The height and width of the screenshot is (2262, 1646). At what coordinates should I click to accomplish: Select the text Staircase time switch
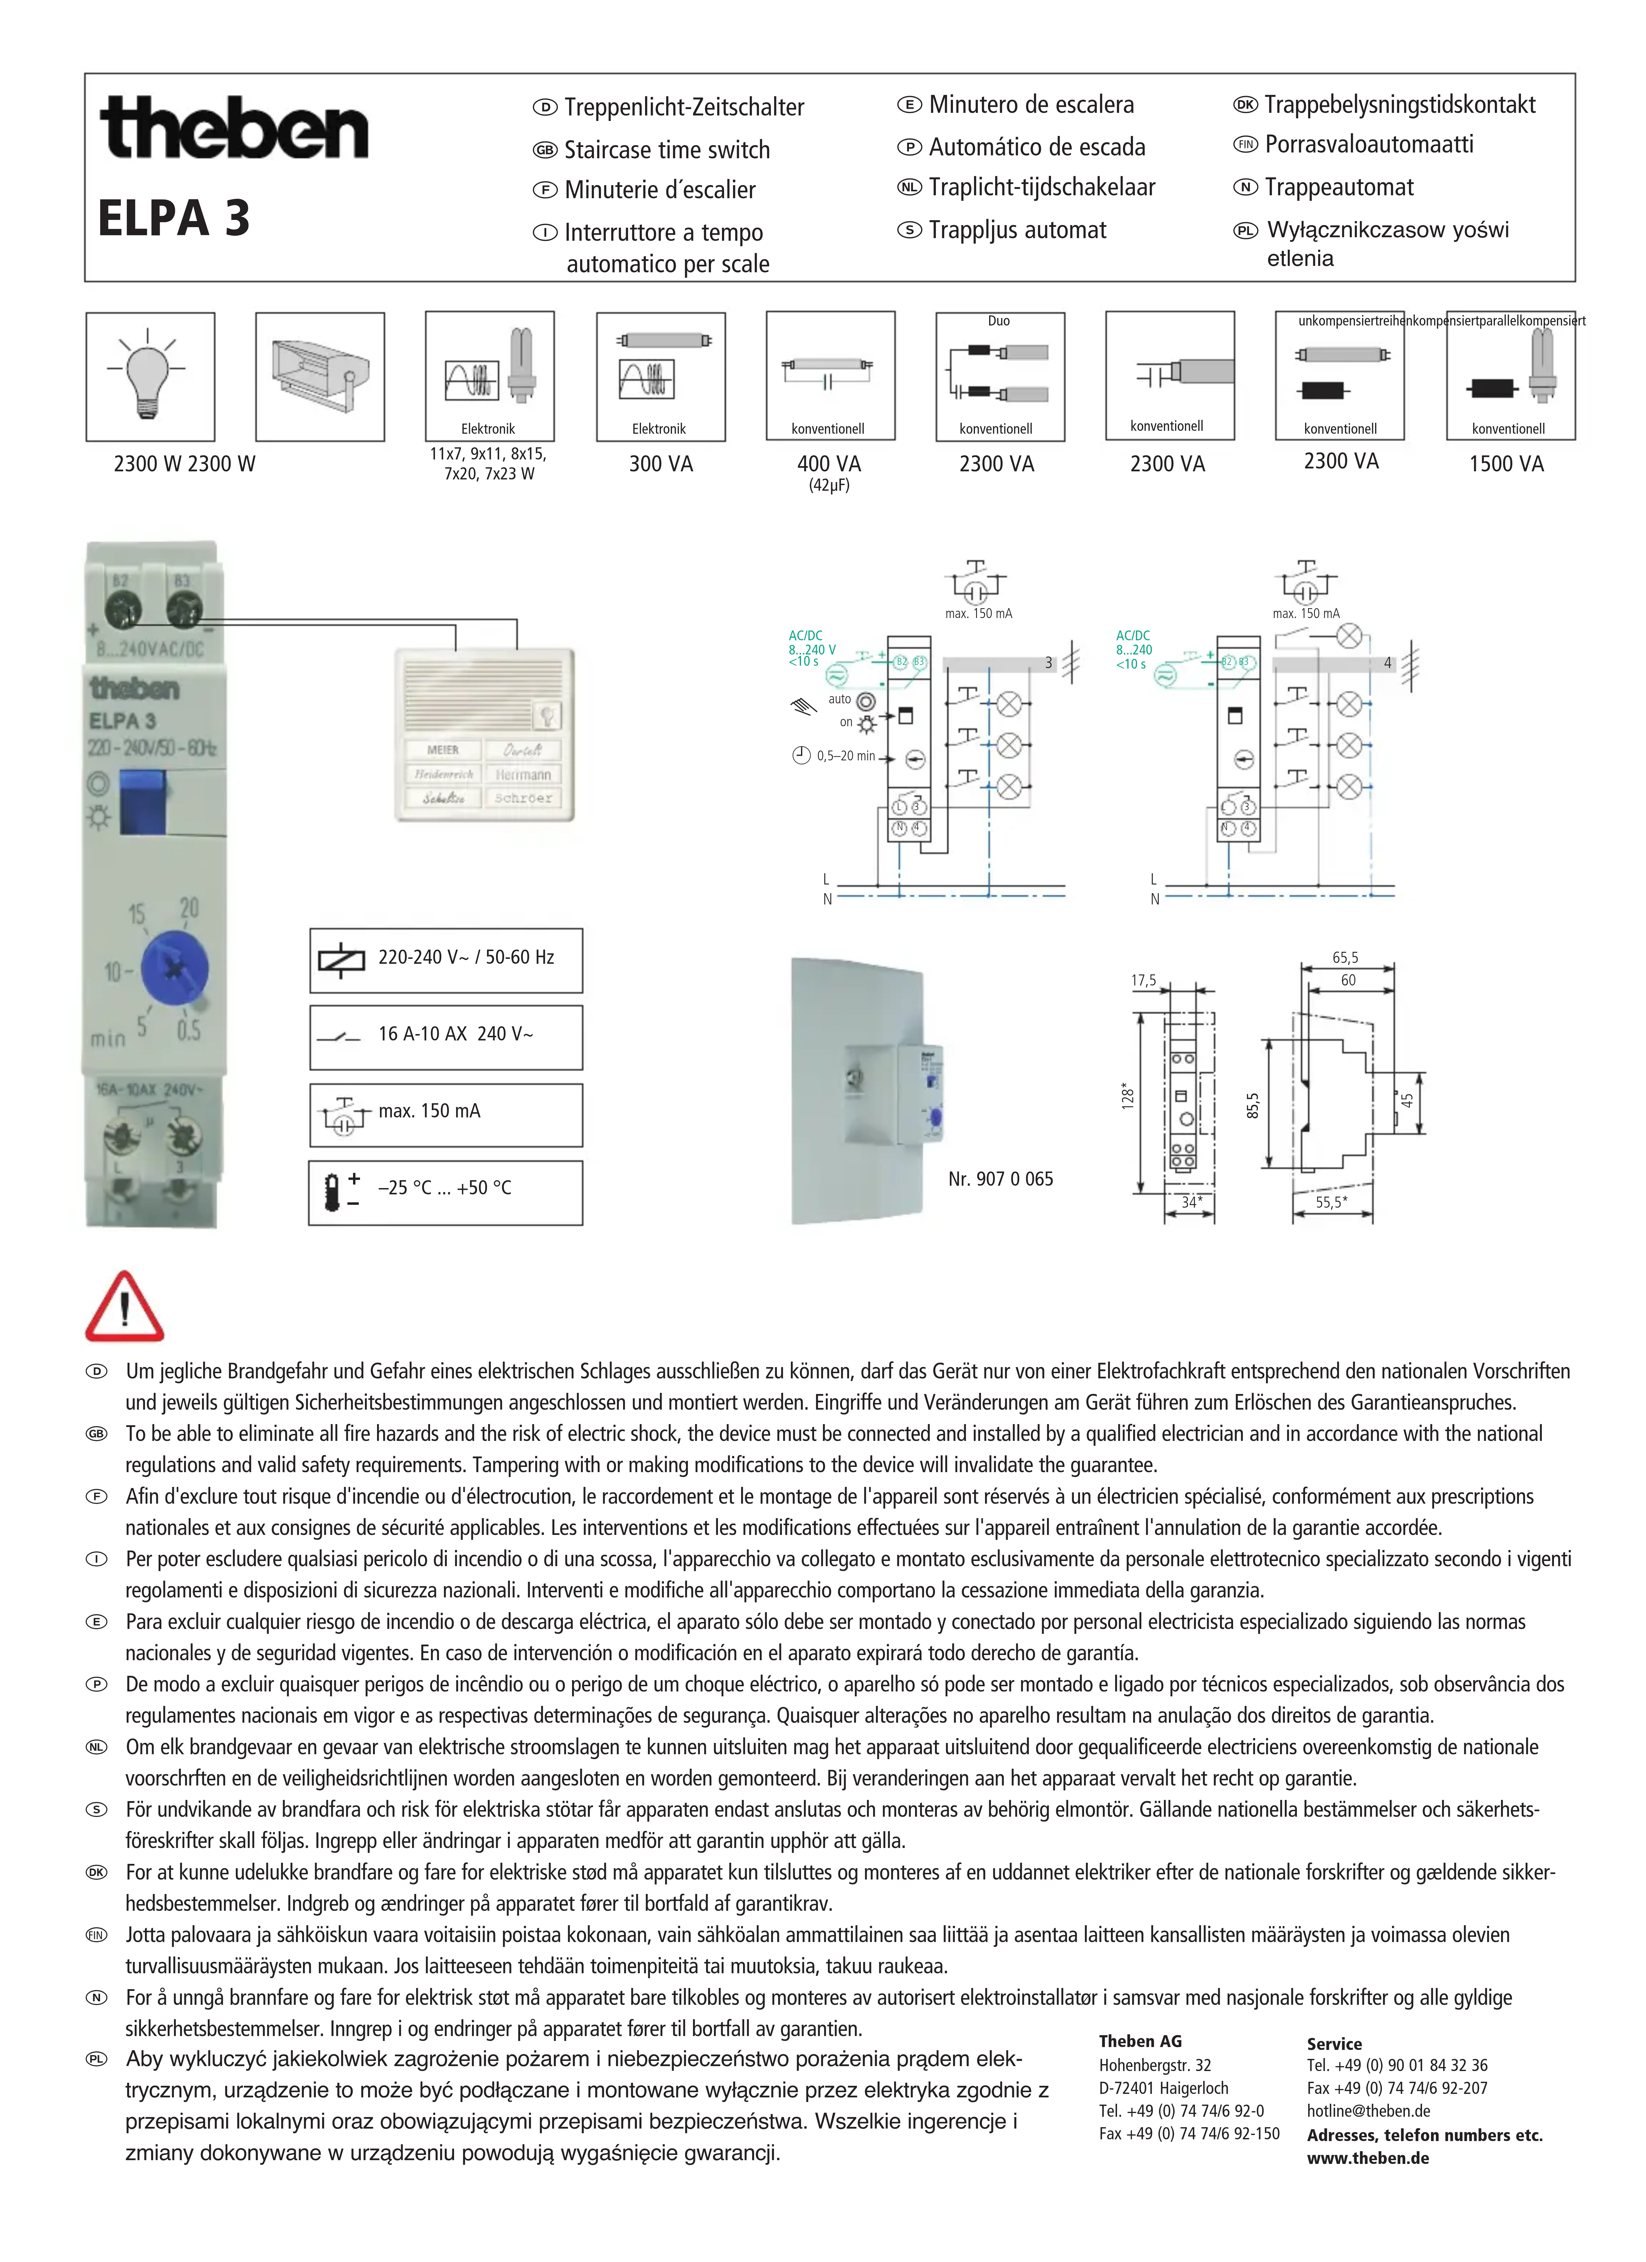click(x=666, y=151)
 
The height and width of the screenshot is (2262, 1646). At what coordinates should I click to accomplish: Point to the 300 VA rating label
click(x=660, y=464)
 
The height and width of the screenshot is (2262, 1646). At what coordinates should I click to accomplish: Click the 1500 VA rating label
click(x=1506, y=464)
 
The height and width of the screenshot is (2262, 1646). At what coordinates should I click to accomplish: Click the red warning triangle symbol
click(x=125, y=1307)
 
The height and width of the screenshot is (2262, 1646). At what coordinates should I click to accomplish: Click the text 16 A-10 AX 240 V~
click(x=455, y=1034)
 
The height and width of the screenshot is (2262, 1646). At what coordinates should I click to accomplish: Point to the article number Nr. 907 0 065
click(x=1001, y=1179)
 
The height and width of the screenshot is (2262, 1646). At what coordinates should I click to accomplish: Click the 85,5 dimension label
click(x=1253, y=1105)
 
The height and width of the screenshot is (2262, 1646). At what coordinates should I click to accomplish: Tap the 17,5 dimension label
click(x=1143, y=980)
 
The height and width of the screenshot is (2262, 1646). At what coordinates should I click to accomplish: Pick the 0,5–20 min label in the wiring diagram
click(x=846, y=756)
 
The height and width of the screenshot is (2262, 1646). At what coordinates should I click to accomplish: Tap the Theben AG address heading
click(x=1140, y=2042)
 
